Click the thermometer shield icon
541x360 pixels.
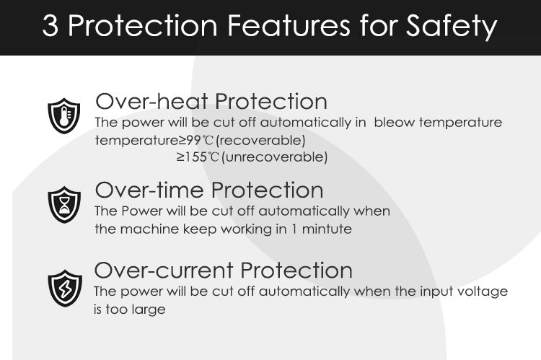point(63,115)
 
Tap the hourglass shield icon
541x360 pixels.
point(64,205)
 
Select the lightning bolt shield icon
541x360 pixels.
point(65,288)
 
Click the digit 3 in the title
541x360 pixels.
point(50,26)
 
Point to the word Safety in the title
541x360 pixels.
point(452,27)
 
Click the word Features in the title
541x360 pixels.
point(289,25)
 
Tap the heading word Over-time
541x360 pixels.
point(149,190)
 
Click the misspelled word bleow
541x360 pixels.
point(394,122)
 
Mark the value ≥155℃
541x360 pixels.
point(198,157)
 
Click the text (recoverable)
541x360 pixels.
point(260,141)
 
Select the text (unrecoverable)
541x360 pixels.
point(274,157)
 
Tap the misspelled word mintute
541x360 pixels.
point(327,229)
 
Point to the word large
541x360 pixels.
point(150,309)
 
